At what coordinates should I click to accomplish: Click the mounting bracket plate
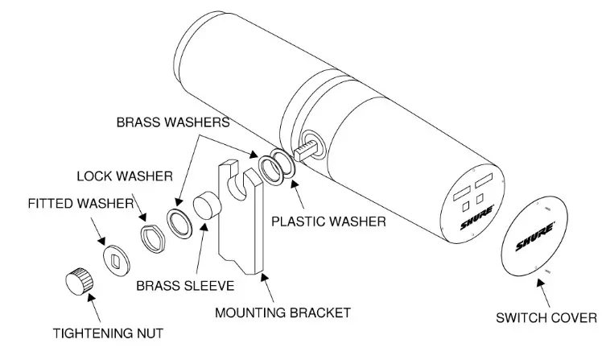241,217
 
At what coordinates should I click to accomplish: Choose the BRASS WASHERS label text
174,124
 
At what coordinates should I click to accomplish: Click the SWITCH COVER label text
547,317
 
